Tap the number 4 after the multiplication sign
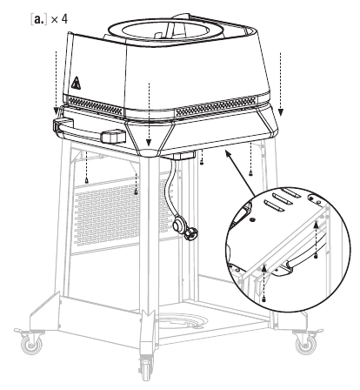point(64,19)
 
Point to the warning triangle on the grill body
point(76,83)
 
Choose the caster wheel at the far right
point(305,344)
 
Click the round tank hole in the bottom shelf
point(182,321)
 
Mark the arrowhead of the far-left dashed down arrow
point(57,111)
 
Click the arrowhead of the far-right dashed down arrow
point(281,112)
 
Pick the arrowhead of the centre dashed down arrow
point(149,143)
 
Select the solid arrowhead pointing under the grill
point(230,155)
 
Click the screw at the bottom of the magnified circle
point(263,299)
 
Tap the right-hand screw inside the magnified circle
point(316,256)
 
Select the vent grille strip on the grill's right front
point(216,106)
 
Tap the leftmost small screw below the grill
point(87,181)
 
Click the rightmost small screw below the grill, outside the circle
point(250,173)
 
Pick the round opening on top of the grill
point(165,30)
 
